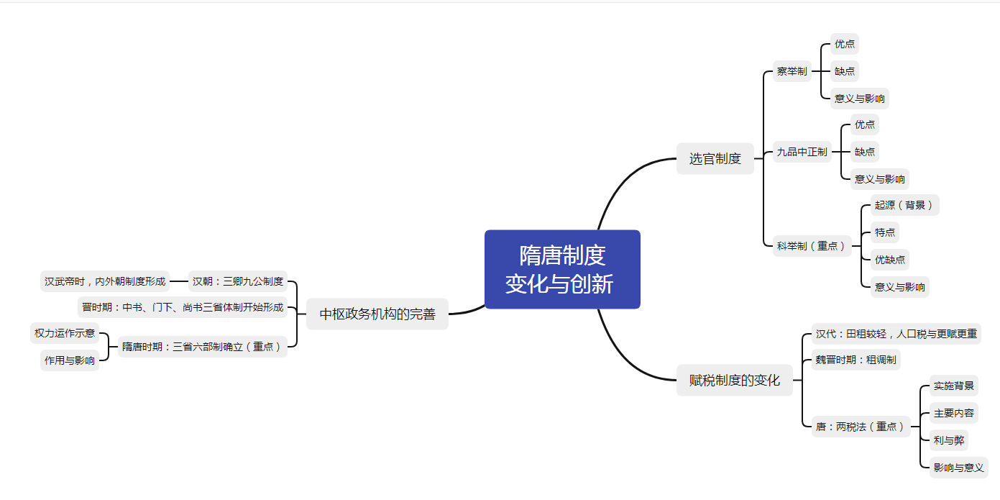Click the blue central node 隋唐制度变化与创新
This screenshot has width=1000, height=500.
[562, 270]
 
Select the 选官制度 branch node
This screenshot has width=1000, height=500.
[715, 158]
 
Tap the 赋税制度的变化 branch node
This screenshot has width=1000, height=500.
[735, 381]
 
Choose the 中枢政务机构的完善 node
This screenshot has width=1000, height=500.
[377, 314]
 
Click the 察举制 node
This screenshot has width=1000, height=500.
[792, 71]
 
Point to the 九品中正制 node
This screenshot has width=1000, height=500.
[802, 152]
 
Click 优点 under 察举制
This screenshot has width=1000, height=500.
[845, 44]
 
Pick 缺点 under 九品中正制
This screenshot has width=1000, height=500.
[865, 152]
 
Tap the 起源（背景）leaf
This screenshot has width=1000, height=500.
[905, 205]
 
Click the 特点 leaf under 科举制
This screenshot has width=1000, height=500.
[885, 232]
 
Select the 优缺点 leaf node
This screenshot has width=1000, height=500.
[890, 260]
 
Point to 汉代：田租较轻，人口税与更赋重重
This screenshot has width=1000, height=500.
[896, 334]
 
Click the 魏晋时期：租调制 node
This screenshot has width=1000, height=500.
[855, 360]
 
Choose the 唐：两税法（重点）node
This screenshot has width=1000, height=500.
[861, 427]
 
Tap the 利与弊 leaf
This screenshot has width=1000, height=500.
[949, 440]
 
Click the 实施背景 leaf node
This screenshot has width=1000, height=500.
[953, 386]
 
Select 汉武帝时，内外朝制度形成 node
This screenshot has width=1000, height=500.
[105, 281]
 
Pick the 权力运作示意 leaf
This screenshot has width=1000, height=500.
[65, 333]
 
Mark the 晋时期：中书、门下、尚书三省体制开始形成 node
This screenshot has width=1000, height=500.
[183, 307]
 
